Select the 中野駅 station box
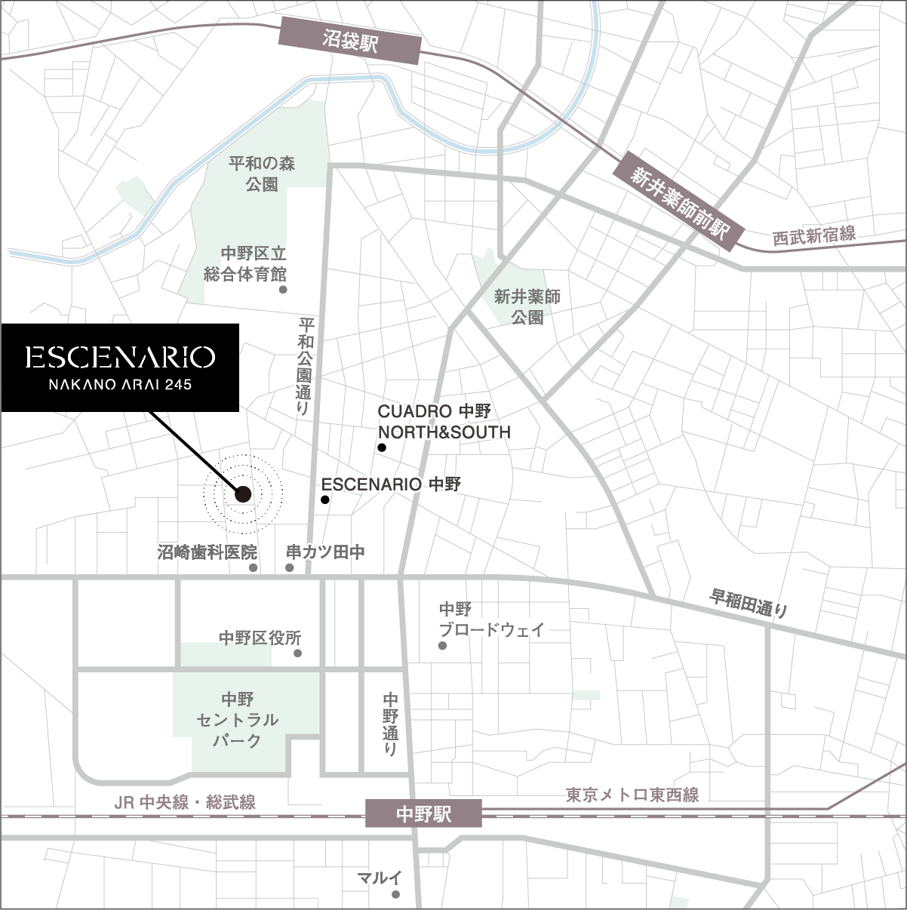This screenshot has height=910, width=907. (423, 814)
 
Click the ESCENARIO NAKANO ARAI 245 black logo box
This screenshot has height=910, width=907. (119, 367)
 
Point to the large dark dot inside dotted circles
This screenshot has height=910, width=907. (243, 494)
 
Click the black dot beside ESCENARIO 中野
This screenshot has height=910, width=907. (325, 500)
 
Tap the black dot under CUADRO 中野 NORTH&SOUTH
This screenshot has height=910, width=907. (382, 448)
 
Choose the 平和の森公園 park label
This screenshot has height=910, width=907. (262, 174)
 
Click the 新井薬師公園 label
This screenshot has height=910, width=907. (527, 306)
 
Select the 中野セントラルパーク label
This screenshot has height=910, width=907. (238, 720)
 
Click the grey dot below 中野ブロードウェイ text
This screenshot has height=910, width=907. (442, 646)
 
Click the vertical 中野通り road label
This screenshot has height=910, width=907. (390, 724)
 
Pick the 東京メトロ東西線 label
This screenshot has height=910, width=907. (632, 795)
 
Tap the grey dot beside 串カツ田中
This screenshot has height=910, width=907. (290, 567)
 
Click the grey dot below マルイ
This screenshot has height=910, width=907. (395, 895)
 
